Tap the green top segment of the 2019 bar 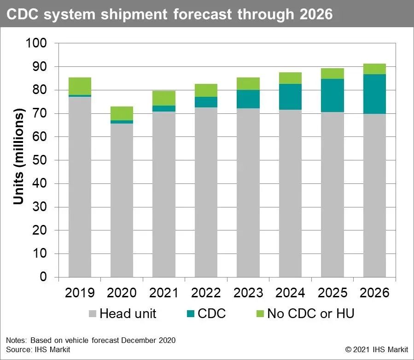coord(80,86)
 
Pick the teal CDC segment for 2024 coord(290,97)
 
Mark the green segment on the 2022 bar coord(206,90)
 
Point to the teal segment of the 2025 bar coord(332,95)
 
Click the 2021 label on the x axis coord(163,293)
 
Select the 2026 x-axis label coord(374,293)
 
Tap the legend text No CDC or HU coord(311,314)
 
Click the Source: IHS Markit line coord(38,350)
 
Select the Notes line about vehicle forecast coord(91,340)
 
